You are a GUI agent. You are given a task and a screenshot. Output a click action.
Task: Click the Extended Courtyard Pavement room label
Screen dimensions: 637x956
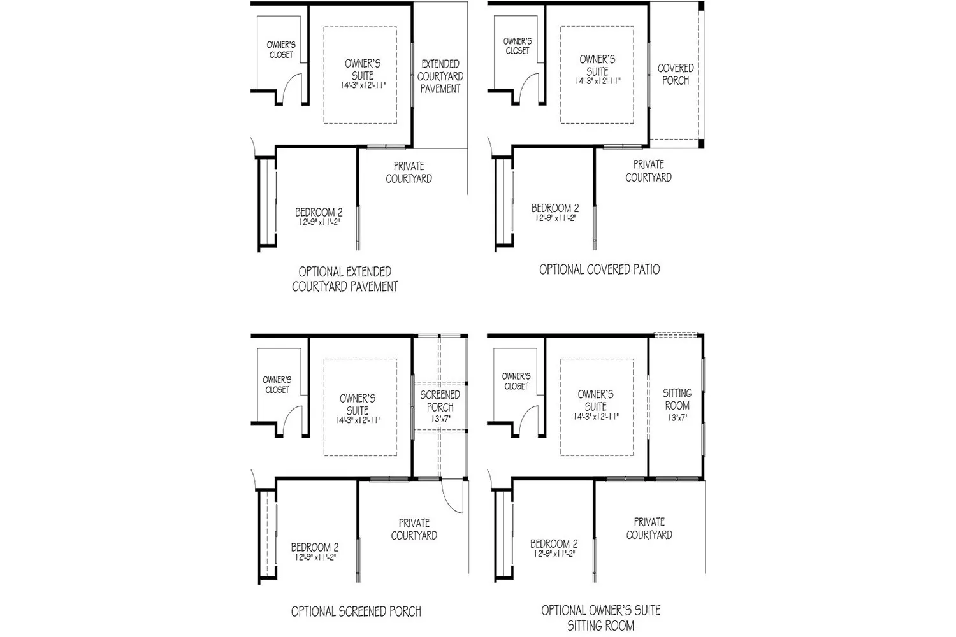(x=440, y=76)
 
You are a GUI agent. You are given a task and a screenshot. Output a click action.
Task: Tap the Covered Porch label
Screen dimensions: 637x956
(x=675, y=75)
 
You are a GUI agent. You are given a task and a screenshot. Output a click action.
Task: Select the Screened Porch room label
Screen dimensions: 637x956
(x=440, y=401)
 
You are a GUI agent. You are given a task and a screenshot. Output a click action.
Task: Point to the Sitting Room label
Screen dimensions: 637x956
(x=677, y=399)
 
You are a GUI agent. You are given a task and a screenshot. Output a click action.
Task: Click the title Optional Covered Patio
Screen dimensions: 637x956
(x=599, y=269)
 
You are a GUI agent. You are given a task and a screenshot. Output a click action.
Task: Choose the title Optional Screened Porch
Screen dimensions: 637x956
(x=356, y=612)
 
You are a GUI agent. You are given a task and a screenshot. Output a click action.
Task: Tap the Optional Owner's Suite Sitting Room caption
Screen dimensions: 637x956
(x=600, y=618)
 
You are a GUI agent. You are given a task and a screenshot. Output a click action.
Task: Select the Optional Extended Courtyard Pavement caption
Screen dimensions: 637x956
(x=345, y=279)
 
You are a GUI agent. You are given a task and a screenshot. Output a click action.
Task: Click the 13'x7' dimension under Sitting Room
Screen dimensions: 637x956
(x=677, y=418)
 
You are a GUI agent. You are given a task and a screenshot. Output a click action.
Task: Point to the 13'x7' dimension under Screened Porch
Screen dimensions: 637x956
(x=440, y=419)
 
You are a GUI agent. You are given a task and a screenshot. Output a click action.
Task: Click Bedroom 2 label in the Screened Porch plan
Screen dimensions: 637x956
(x=315, y=547)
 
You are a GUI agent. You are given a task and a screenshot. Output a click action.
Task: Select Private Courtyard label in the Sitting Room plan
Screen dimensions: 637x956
(x=649, y=528)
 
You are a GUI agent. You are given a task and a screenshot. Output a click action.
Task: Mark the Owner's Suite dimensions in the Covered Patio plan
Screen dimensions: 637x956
(x=597, y=82)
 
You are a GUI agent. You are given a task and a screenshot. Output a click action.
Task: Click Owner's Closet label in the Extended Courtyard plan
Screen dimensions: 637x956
(x=280, y=50)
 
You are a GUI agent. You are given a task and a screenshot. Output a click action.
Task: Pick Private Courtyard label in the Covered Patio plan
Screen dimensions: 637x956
(x=648, y=171)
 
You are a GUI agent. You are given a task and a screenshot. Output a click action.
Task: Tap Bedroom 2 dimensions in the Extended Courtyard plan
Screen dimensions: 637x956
(x=319, y=223)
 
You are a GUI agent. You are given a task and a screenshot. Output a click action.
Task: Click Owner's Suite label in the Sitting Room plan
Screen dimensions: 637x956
(x=595, y=400)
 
